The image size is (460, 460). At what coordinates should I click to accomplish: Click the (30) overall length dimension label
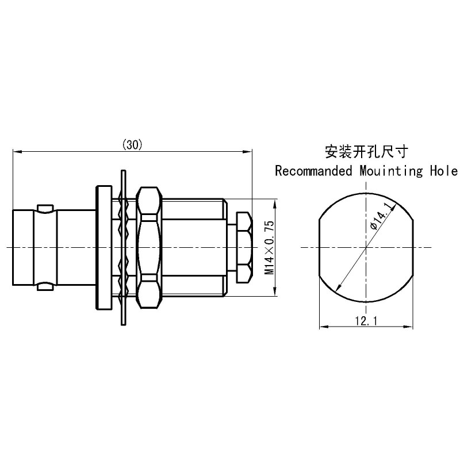(133, 145)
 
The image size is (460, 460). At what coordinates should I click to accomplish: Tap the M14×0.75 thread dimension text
(269, 248)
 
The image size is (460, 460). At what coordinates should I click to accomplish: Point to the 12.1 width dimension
(366, 321)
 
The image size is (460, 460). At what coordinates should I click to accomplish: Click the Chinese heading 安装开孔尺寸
(366, 152)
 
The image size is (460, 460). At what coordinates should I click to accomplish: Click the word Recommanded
(313, 171)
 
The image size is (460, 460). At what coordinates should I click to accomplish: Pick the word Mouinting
(392, 171)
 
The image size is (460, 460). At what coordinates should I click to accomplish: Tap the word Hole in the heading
(443, 171)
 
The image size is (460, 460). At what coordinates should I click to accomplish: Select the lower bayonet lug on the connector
(45, 286)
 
